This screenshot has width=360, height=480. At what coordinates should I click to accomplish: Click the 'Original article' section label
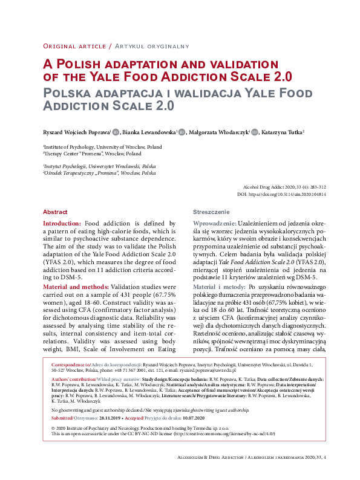pos(74,46)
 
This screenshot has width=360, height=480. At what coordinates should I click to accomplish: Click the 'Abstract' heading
pos(55,212)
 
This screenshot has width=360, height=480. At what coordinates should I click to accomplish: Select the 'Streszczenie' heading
pos(211,212)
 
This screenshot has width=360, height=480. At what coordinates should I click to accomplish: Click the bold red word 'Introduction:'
pos(63,224)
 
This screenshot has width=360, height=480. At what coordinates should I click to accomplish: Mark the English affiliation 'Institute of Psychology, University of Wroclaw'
pos(103,147)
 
